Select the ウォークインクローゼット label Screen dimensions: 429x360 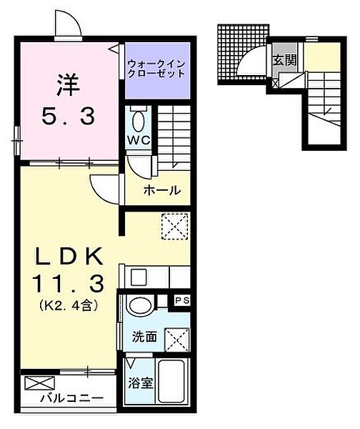(x=157, y=69)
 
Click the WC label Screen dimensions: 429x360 (x=139, y=139)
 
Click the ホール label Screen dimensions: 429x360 (x=162, y=191)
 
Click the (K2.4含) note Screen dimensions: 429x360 (x=65, y=306)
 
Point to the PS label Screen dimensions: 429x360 (x=182, y=300)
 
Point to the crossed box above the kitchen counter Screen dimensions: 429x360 (x=174, y=228)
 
